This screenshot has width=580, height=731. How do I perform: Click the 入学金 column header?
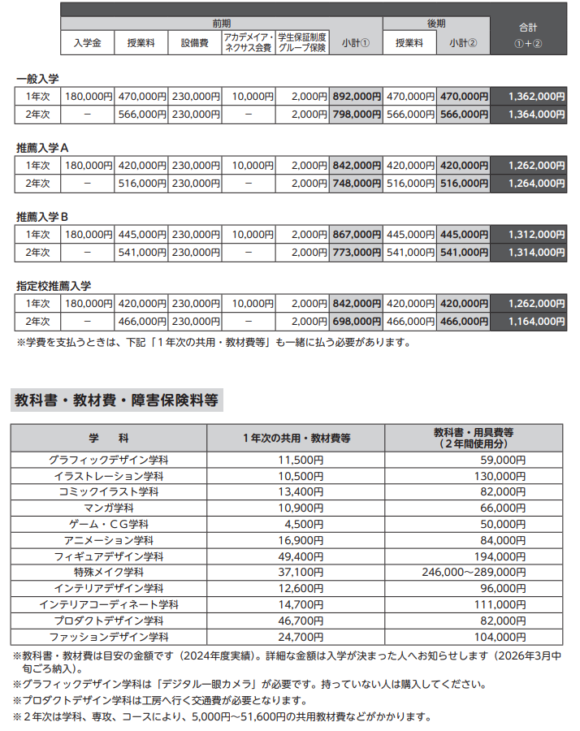pos(87,43)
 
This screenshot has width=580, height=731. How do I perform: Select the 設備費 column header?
pos(195,43)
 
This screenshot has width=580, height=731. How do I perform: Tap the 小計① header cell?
pos(356,43)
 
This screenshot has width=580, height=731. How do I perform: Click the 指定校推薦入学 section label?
pos(54,286)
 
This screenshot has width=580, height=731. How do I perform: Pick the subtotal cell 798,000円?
pos(357,115)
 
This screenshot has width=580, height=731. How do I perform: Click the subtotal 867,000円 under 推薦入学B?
pos(357,234)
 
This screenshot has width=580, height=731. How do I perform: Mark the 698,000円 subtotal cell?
pos(357,322)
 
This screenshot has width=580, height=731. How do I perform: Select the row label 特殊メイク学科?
pos(109,573)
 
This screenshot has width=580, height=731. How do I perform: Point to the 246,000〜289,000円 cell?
pos(474,573)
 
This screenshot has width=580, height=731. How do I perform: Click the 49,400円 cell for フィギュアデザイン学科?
pos(296,556)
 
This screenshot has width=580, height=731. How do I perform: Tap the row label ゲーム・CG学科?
pos(109,524)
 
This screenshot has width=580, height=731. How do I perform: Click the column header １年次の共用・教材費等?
pos(296,438)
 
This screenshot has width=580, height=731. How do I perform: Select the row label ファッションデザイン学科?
pos(109,637)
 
